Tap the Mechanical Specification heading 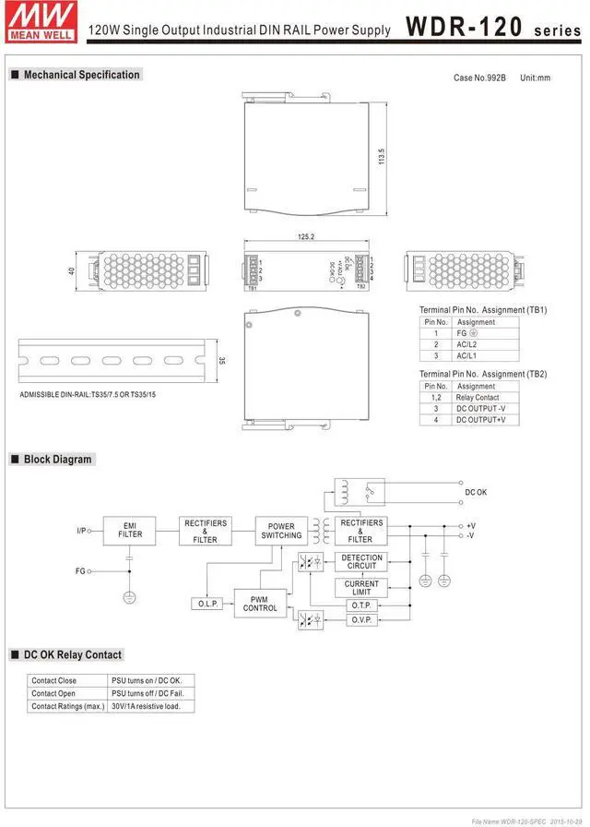[x=81, y=75]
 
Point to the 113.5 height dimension [x=381, y=156]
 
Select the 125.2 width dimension [x=306, y=237]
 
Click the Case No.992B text [x=479, y=78]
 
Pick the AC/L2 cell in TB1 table [x=467, y=344]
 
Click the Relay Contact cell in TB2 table [x=477, y=397]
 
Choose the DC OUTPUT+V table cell [x=480, y=420]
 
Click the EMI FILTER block [x=130, y=531]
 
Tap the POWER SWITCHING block [x=281, y=531]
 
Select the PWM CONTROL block [x=260, y=604]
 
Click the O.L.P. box [x=207, y=604]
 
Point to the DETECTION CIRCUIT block [x=361, y=562]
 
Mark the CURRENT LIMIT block [x=361, y=588]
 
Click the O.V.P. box [x=360, y=620]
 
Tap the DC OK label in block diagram [x=476, y=492]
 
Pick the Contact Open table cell [x=54, y=693]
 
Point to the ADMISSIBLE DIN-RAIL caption [x=88, y=395]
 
